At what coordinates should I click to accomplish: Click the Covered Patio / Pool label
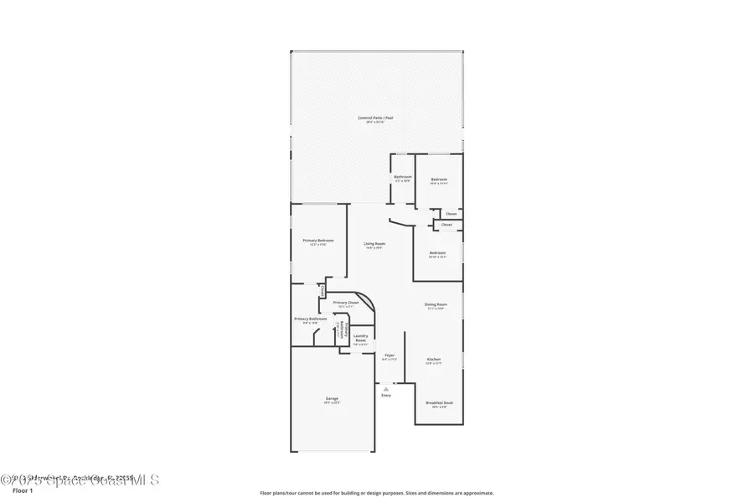[375, 118]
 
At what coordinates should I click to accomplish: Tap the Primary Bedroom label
[318, 241]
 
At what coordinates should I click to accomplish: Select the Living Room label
[374, 244]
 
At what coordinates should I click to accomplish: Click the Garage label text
[332, 398]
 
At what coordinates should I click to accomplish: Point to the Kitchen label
[433, 360]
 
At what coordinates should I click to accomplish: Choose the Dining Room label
[435, 304]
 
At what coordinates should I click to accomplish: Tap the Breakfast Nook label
[439, 403]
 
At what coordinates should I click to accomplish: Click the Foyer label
[390, 355]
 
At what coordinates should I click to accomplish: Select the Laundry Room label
[360, 338]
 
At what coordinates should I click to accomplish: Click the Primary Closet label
[345, 303]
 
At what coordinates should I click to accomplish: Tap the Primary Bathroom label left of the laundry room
[310, 319]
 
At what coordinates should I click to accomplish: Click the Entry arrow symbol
[386, 389]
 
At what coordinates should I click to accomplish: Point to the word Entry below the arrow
[386, 396]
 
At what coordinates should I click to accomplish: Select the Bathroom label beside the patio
[403, 177]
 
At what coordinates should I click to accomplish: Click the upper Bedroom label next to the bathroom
[439, 179]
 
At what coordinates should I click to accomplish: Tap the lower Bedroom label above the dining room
[437, 253]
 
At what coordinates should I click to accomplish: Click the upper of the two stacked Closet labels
[451, 214]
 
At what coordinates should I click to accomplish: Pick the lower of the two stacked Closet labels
[447, 225]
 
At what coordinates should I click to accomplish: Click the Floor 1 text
[22, 492]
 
